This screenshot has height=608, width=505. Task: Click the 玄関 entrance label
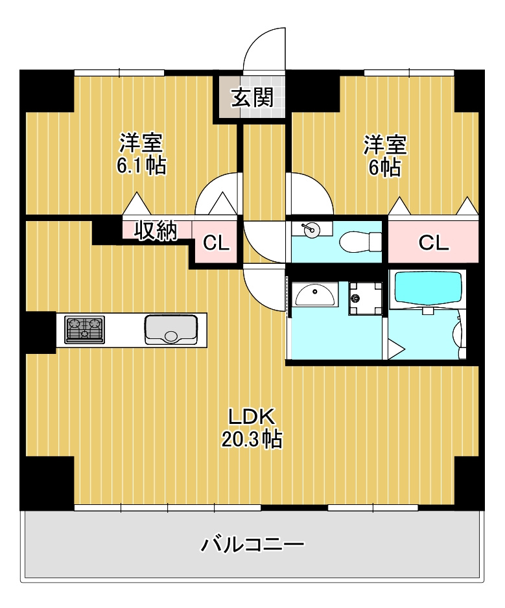point(253,97)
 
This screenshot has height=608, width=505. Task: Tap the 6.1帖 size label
point(141,166)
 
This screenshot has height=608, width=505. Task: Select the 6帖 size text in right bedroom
point(385,168)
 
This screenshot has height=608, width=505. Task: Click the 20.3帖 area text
point(252,439)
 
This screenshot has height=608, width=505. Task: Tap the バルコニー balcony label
point(252,544)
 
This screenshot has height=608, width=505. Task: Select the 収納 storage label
point(156,231)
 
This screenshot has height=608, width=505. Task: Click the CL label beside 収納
point(216,244)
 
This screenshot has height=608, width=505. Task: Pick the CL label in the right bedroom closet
point(434,243)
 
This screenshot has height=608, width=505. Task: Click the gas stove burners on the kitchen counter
point(84,329)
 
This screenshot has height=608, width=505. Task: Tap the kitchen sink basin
point(171,329)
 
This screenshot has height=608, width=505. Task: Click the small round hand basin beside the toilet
point(311,231)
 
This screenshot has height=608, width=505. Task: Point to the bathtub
point(429,289)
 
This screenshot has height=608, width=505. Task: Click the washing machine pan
point(366,298)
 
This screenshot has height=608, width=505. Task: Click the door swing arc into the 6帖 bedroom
point(319,185)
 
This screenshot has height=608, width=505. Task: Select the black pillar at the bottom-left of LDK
point(47,483)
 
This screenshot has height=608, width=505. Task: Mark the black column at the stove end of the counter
point(38,333)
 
